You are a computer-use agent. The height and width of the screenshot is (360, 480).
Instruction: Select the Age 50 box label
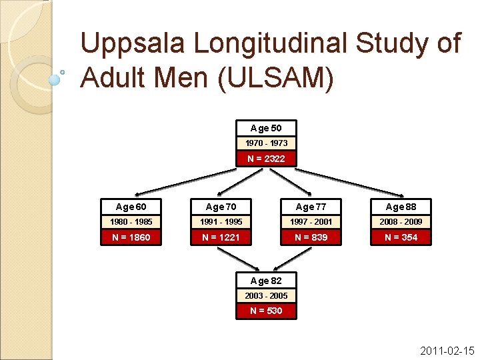(x=266, y=128)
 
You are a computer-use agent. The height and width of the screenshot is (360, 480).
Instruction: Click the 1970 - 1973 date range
(x=266, y=143)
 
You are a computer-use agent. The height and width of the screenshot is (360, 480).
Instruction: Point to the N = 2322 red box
(x=266, y=159)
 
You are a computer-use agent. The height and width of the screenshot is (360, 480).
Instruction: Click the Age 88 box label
(x=401, y=207)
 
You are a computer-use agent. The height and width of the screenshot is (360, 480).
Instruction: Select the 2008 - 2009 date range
(x=401, y=221)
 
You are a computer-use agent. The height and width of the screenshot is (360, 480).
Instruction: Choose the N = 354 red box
(x=401, y=237)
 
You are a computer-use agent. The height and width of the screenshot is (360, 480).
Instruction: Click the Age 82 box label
(x=266, y=281)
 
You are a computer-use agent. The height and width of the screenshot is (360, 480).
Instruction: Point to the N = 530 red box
(x=266, y=311)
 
